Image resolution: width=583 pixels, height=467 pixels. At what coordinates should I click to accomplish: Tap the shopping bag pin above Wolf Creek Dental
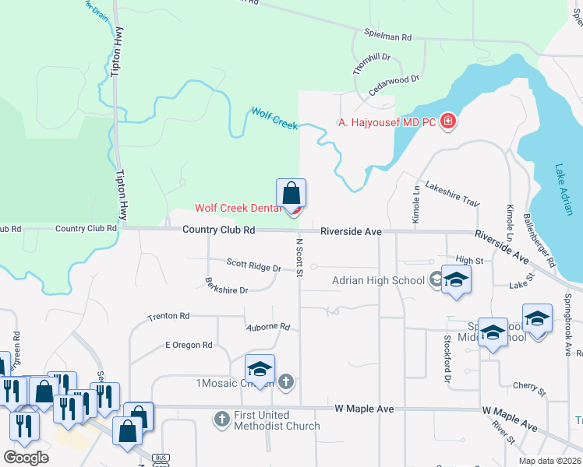pos(291,192)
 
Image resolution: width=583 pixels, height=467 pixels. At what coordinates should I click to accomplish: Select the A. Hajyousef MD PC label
pos(387,122)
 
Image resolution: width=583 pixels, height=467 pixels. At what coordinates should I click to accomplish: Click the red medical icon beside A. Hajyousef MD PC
pos(448,121)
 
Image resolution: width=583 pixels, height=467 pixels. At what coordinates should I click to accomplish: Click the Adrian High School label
pos(378,280)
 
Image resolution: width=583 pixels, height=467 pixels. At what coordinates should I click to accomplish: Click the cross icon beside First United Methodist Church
pos(222,420)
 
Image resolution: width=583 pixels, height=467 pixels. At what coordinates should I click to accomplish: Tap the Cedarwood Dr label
pos(394,84)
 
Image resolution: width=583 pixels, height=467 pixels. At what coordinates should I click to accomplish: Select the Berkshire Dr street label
pos(226,286)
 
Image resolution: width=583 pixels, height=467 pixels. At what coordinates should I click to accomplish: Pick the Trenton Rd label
pos(168,317)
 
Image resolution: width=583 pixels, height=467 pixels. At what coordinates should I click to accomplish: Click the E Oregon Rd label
pos(189,345)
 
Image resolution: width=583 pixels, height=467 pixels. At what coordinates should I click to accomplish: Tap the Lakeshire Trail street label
pos(453,198)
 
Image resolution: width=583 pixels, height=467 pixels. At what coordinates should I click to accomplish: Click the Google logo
pos(26,457)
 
